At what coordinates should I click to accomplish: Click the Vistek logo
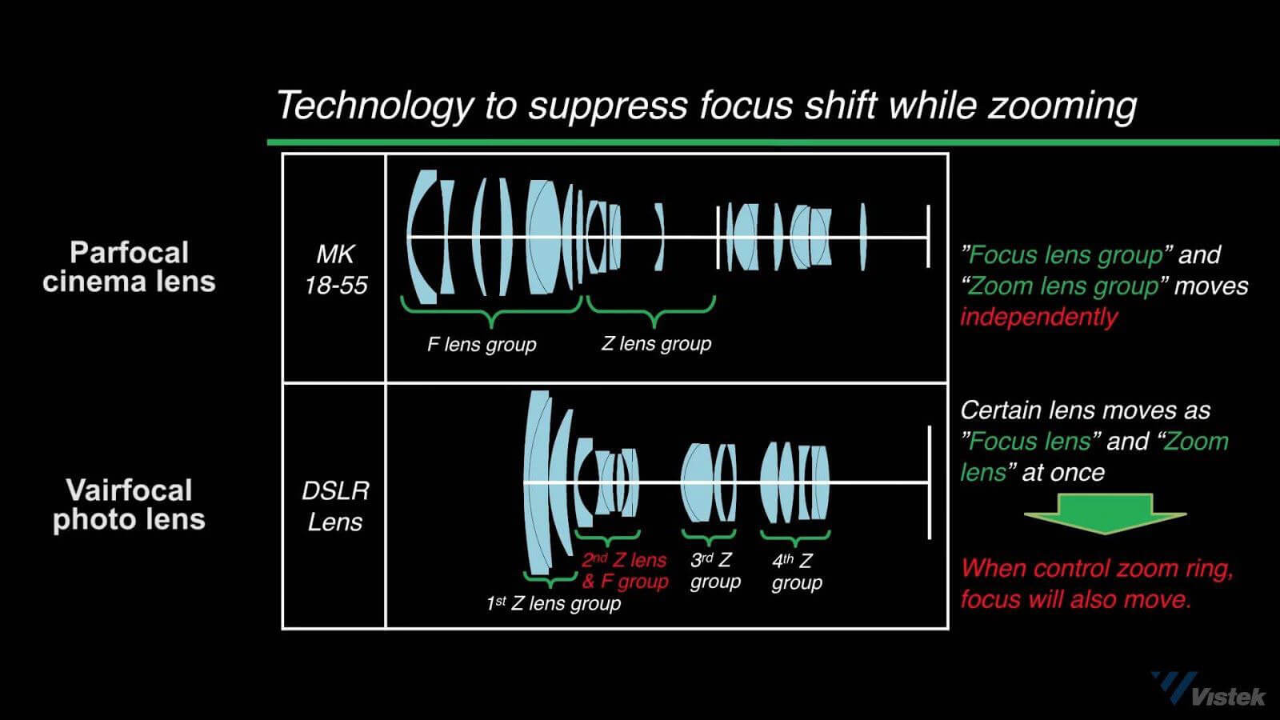coord(1208,690)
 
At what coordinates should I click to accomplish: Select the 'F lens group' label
coord(482,345)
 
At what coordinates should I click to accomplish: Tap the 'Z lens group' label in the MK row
coord(656,344)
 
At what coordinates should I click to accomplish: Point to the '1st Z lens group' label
coord(553,603)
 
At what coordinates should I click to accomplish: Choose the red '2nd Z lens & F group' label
coord(625,570)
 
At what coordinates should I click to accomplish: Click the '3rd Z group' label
coord(714,570)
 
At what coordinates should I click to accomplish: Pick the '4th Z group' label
coord(796,571)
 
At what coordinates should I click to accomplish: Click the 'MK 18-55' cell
coord(335,270)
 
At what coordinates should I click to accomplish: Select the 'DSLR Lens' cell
coord(335,506)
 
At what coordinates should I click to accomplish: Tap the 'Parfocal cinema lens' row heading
coord(129,267)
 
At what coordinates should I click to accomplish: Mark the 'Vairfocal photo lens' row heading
coord(129,505)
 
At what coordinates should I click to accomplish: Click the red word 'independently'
coord(1038,317)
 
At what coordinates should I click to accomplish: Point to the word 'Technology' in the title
coord(374,106)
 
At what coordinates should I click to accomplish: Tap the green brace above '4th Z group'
coord(795,536)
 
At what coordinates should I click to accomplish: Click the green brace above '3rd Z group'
coord(709,536)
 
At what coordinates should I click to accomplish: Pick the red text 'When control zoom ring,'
coord(1097,569)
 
